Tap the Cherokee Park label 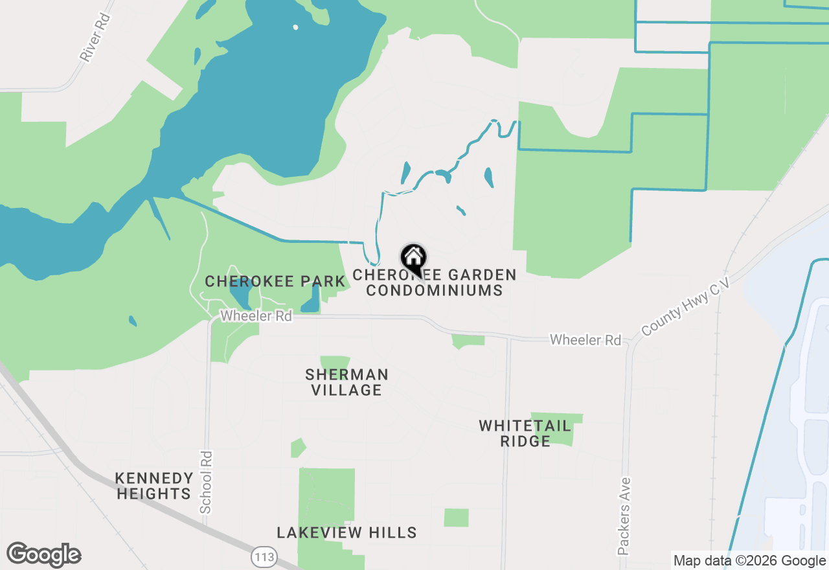point(275,282)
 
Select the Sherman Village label point(346,382)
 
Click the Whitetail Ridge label point(525,433)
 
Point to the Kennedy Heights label point(154,486)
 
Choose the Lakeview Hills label point(346,532)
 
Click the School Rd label point(206,482)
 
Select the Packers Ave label point(624,516)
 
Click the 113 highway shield point(264,556)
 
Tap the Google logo point(44,554)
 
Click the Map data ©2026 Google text point(749,561)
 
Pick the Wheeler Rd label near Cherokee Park point(256,316)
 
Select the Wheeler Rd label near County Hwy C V point(585,340)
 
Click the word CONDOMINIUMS point(435,290)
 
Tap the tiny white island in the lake point(295,27)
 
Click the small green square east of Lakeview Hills point(456,518)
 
